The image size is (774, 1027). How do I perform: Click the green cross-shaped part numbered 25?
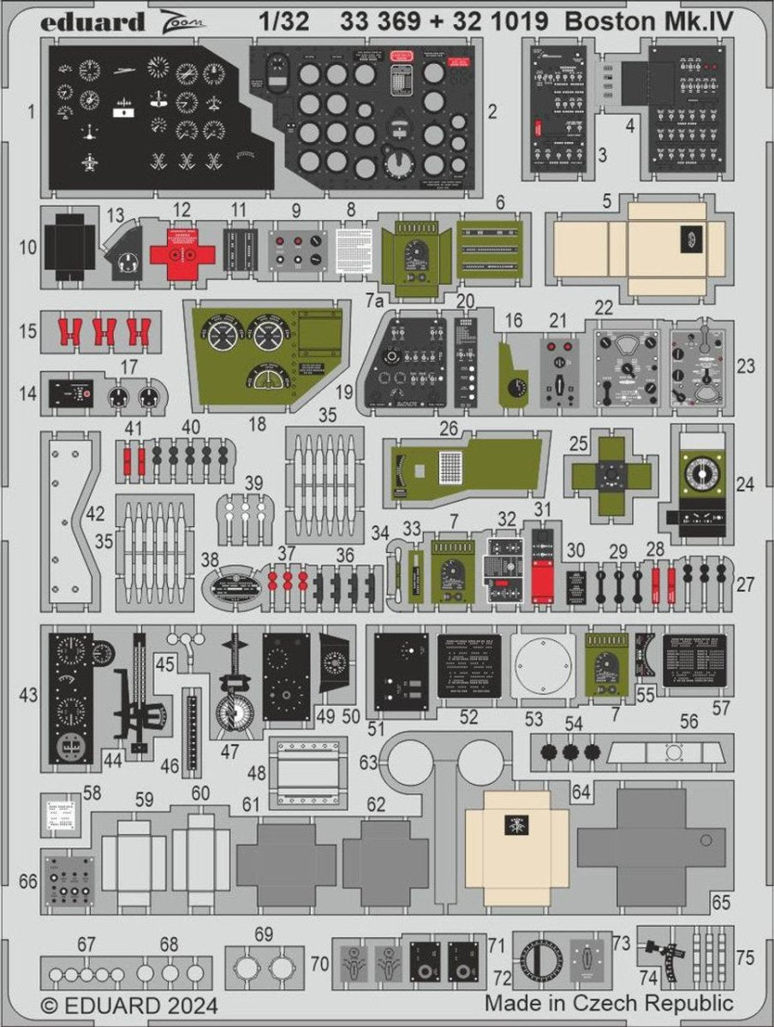(614, 473)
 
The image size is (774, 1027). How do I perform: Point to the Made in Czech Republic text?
(609, 1002)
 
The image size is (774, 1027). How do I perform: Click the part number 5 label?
(606, 202)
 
